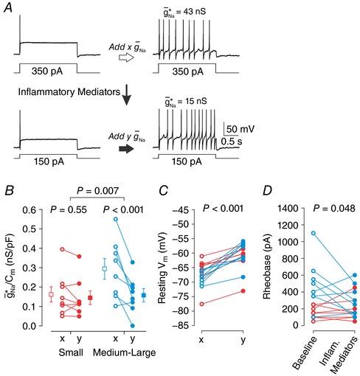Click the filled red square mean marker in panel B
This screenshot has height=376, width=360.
91,298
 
